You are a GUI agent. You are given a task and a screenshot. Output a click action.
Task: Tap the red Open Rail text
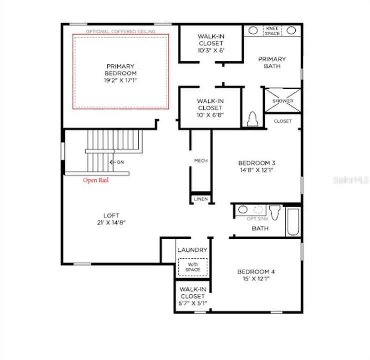pos(96,180)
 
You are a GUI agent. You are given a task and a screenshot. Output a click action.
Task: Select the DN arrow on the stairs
pos(117,162)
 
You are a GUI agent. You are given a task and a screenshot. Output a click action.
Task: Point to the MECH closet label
pos(201,161)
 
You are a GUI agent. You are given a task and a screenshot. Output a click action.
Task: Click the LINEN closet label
pos(200,199)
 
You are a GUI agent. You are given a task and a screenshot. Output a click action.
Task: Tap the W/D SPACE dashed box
pos(192,266)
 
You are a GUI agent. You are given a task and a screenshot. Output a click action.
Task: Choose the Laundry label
pos(192,250)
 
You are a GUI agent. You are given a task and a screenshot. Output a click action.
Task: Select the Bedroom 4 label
pos(256,275)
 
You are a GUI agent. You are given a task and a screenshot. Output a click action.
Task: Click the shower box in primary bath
pos(283,101)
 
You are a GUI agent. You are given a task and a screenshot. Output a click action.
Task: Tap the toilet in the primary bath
pos(253,119)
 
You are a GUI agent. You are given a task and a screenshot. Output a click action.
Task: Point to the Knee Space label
pos(272,30)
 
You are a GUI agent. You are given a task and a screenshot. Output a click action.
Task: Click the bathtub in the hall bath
pos(293,222)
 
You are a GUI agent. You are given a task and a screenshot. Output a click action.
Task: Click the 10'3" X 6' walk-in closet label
pos(210,44)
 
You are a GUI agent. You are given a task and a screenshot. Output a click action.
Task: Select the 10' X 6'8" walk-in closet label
pos(210,108)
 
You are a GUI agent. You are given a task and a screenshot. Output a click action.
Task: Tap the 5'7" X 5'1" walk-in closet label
pos(192,296)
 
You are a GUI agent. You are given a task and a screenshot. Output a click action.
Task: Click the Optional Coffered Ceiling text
pos(120,31)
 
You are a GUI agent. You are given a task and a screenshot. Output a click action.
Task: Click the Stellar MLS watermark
pos(350,178)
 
